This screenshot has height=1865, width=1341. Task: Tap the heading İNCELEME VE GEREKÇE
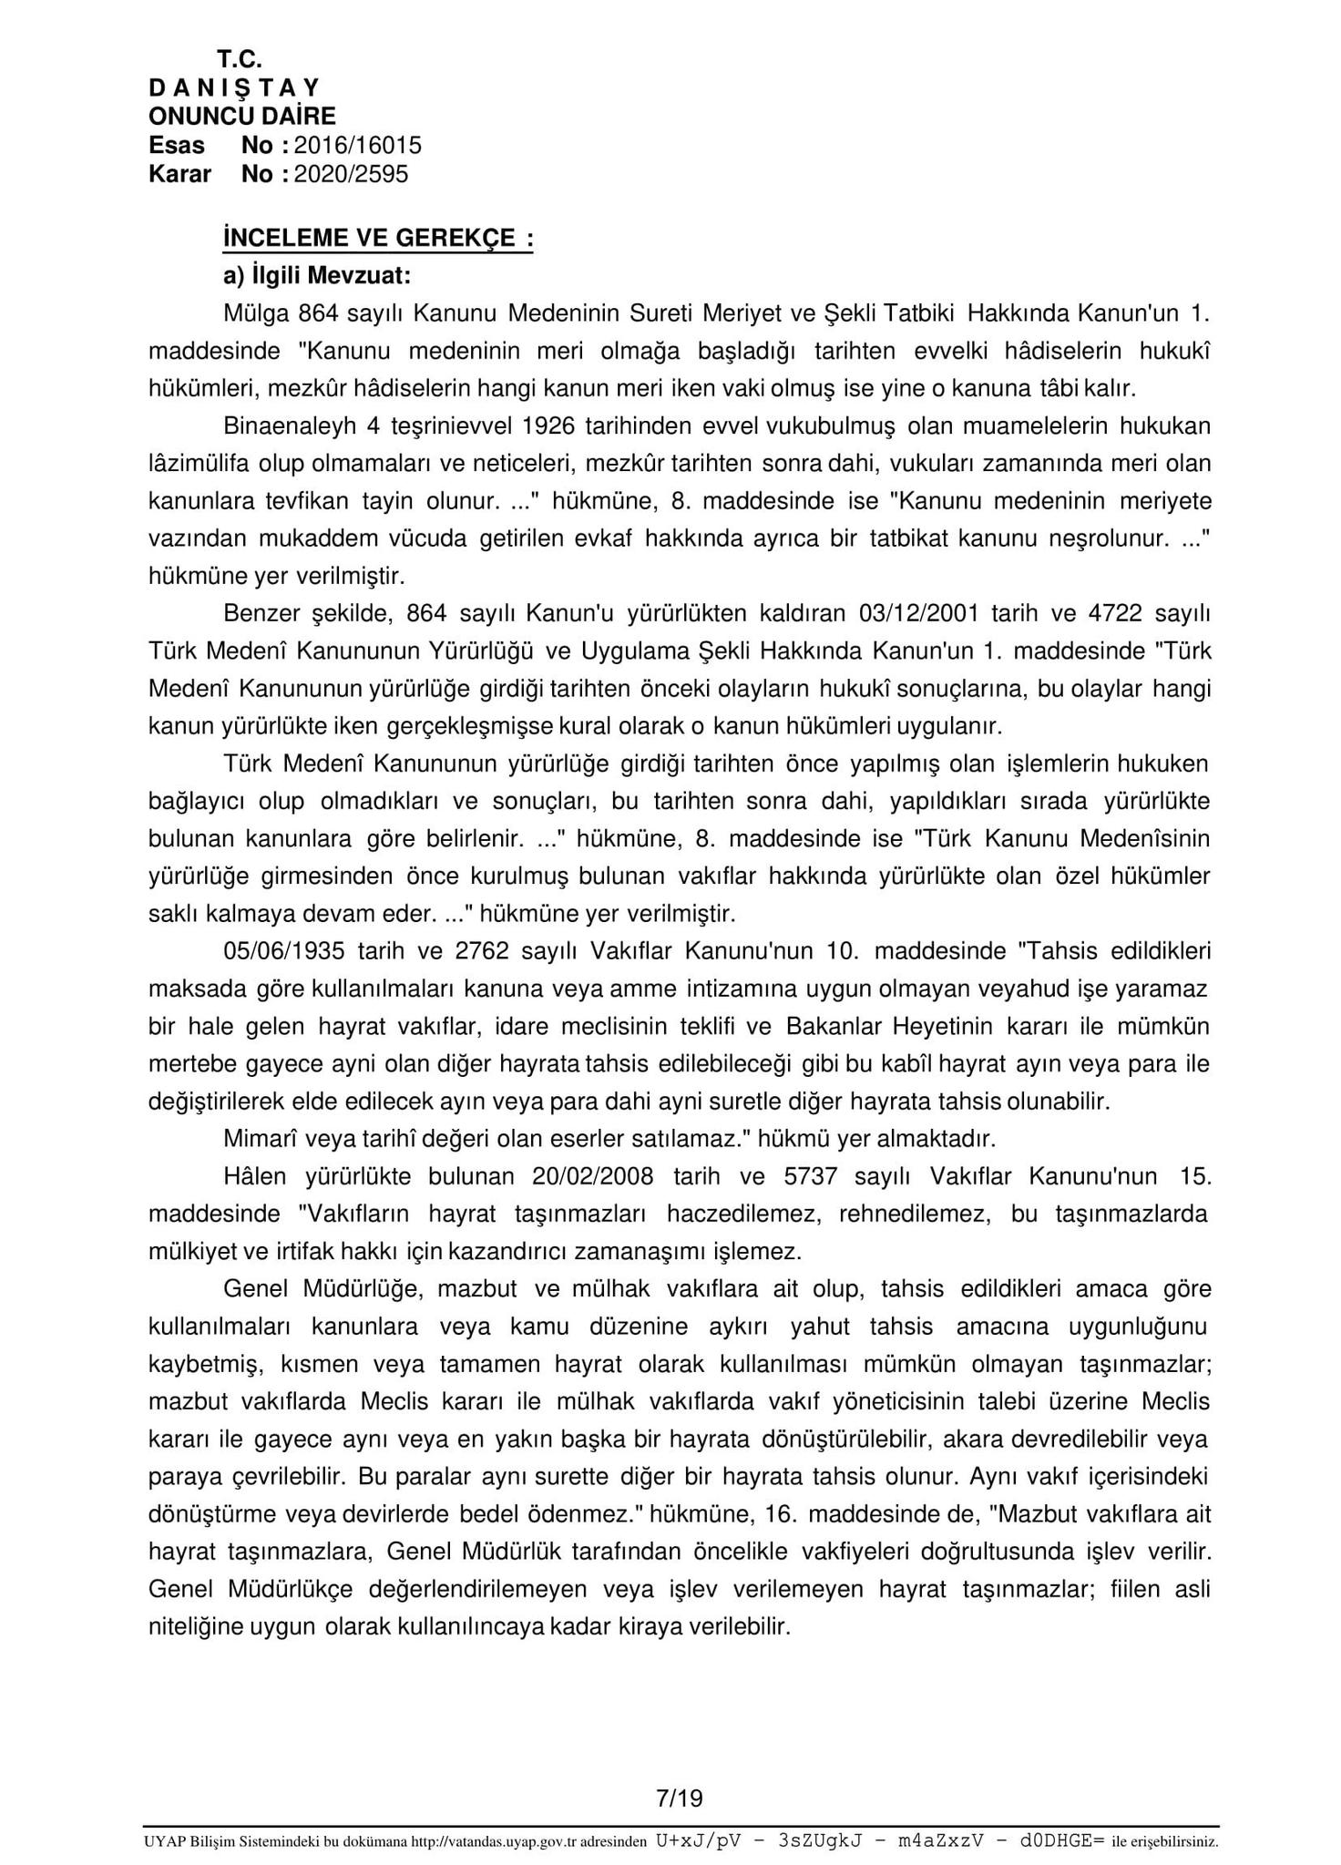[377, 239]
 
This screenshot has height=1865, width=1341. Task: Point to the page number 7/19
[680, 1798]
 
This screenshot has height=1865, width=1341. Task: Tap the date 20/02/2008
[592, 1176]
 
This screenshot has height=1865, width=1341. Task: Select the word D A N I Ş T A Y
[234, 87]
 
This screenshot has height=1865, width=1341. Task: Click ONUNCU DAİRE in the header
[241, 116]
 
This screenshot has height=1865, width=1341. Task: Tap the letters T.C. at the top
[239, 59]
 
